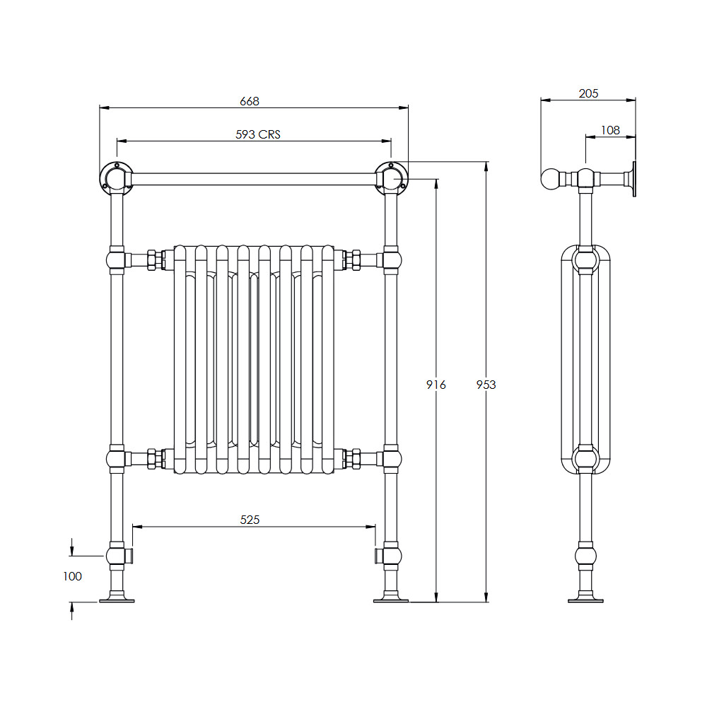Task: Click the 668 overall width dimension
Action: [x=250, y=101]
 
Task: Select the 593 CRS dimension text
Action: [x=258, y=134]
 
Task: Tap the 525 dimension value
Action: [x=250, y=520]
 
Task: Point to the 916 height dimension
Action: [x=436, y=385]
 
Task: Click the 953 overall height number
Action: [x=486, y=385]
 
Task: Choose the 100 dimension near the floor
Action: [x=73, y=576]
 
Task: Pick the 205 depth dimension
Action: [x=588, y=93]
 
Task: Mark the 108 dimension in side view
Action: [x=611, y=130]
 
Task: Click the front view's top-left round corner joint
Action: [x=117, y=177]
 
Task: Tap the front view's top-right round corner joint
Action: [x=391, y=177]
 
